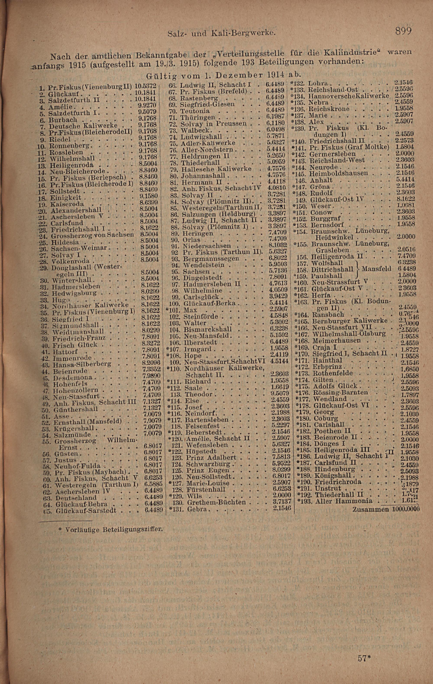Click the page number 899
(x=403, y=31)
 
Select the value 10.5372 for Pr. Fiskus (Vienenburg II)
(x=145, y=85)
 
